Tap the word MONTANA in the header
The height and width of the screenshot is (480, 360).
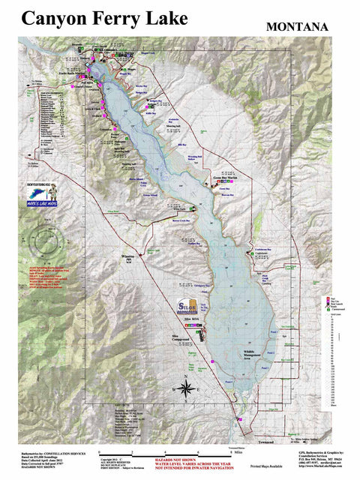(x=297, y=27)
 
